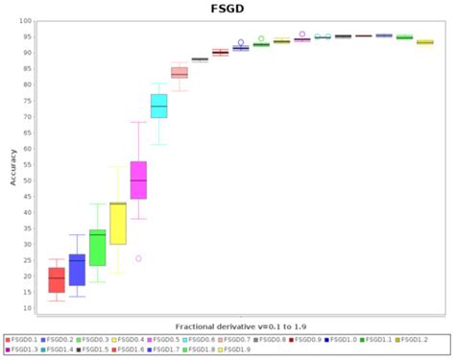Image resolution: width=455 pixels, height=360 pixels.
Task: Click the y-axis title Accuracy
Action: click(x=12, y=164)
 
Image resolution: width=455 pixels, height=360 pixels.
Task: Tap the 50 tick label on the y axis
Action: click(x=27, y=180)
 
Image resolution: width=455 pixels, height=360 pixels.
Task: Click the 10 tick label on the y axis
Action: click(x=27, y=308)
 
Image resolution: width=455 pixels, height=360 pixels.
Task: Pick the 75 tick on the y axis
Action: click(x=27, y=100)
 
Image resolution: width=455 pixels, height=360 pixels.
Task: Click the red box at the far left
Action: click(x=57, y=279)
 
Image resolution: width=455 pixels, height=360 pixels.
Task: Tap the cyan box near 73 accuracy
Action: click(x=158, y=106)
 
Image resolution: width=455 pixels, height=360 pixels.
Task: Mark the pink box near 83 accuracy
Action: click(x=179, y=73)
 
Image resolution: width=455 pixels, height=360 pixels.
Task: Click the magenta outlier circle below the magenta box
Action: click(x=138, y=258)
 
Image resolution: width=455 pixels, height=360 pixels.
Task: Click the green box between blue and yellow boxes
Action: click(x=97, y=248)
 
